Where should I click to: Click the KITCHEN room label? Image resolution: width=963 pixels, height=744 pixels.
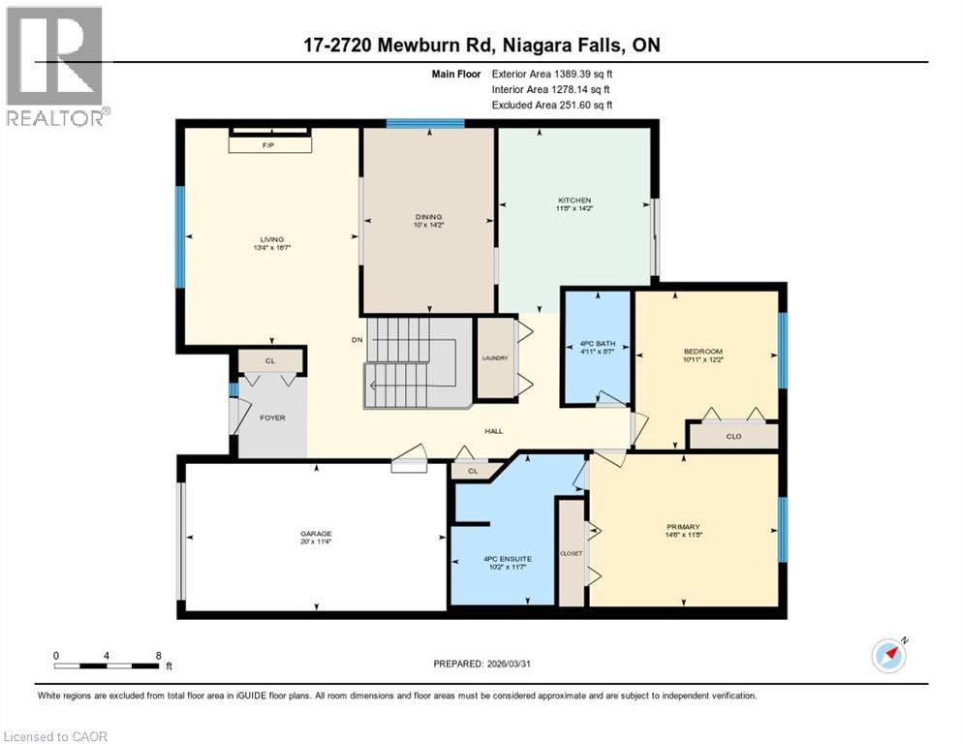574,201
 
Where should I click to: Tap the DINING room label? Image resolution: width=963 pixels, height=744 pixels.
428,217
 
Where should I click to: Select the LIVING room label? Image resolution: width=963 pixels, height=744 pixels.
270,240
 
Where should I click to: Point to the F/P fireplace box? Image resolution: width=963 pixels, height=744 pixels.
270,143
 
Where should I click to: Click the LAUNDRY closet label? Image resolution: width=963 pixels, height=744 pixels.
495,358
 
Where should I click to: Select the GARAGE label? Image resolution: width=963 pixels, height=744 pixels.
316,534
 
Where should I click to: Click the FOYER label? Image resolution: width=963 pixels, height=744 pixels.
272,417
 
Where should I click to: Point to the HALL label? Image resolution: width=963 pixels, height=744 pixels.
494,432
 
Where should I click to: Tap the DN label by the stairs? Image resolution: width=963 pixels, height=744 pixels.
357,340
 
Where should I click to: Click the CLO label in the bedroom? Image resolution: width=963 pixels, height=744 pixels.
733,437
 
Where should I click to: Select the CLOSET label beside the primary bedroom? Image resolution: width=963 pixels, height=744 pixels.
571,553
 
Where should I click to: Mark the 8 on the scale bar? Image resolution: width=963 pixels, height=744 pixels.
158,655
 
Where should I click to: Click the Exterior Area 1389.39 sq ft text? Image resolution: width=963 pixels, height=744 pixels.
552,73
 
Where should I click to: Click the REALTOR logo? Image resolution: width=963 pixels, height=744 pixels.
55,68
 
